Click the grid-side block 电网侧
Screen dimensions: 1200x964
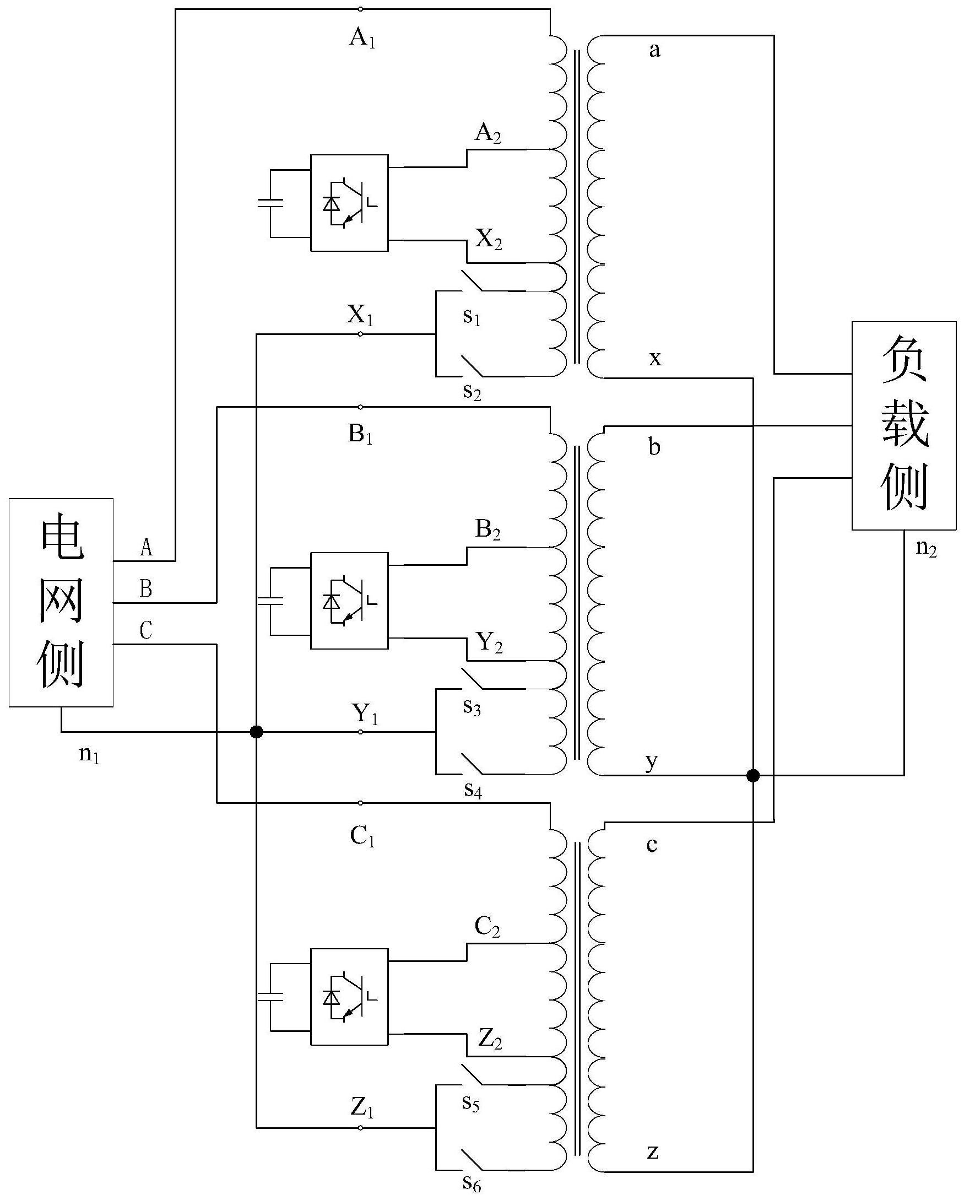click(x=61, y=602)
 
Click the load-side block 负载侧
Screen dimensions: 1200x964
click(x=904, y=425)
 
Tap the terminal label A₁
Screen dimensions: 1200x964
click(x=362, y=39)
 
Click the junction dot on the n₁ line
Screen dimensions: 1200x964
click(x=256, y=732)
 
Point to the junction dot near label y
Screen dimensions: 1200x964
click(x=752, y=775)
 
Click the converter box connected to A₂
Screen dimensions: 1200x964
click(x=349, y=203)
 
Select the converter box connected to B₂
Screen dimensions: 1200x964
click(x=349, y=601)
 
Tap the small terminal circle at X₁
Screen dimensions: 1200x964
click(x=361, y=334)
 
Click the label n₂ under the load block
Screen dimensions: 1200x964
click(x=926, y=548)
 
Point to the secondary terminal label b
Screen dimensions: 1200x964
click(x=654, y=447)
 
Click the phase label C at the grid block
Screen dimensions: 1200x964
click(x=146, y=631)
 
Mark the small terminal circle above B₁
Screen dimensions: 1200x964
click(x=361, y=407)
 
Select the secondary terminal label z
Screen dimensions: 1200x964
click(x=653, y=1152)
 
